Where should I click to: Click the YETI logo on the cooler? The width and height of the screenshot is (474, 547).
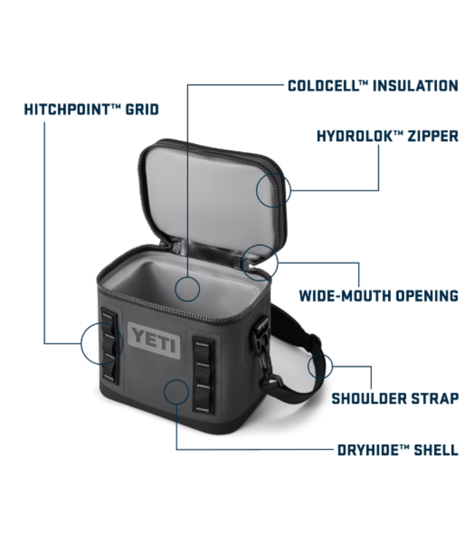[155, 339]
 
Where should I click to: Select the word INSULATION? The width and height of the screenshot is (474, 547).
[415, 86]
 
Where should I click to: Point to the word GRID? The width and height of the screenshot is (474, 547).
[144, 109]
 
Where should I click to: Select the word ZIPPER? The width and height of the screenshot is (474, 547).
[433, 136]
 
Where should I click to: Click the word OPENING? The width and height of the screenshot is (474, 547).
[428, 295]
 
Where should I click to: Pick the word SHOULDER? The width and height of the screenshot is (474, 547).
[368, 398]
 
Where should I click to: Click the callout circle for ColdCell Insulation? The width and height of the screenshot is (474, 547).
[187, 289]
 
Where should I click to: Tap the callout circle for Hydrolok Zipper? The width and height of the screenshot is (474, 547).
[273, 190]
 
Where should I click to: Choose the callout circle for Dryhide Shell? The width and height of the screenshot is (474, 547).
[177, 392]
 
